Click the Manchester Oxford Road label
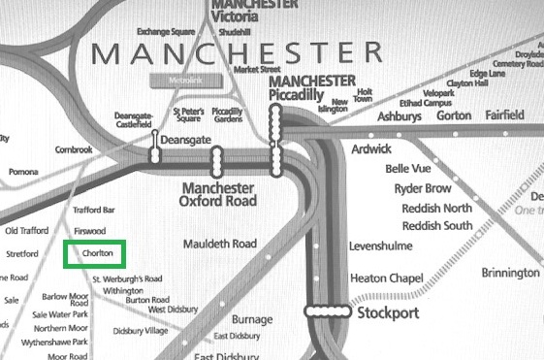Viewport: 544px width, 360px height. pyautogui.click(x=218, y=194)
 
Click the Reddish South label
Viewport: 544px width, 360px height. pyautogui.click(x=436, y=226)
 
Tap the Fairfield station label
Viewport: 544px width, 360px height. pyautogui.click(x=503, y=115)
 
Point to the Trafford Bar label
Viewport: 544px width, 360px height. pyautogui.click(x=94, y=210)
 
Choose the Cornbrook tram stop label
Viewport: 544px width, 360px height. pyautogui.click(x=73, y=149)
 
